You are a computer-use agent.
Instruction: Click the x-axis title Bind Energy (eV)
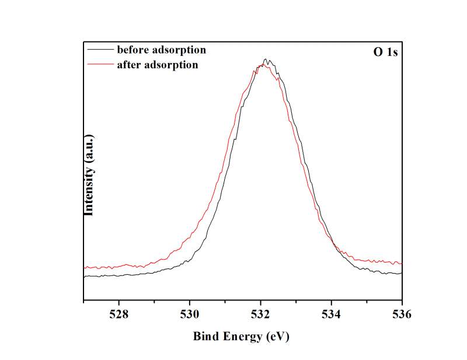(241, 337)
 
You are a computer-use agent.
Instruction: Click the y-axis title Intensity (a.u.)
(89, 175)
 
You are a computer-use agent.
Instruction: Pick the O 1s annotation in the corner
(386, 52)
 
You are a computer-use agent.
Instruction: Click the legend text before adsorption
(161, 50)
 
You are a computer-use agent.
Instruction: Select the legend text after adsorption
(157, 65)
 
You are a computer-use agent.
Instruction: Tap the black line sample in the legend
(100, 49)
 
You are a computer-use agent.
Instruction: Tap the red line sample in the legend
(100, 64)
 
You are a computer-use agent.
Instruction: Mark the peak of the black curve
(266, 59)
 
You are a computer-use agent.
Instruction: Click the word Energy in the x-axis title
(241, 337)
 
